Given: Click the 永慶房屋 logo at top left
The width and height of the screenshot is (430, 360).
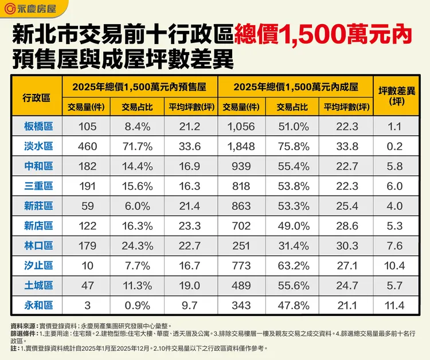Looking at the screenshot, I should pyautogui.click(x=30, y=10).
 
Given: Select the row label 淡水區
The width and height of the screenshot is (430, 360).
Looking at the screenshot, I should pyautogui.click(x=39, y=146).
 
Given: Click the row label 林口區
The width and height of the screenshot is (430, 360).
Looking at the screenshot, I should pyautogui.click(x=39, y=245).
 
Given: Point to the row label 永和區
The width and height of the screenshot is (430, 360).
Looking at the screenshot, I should pyautogui.click(x=39, y=305).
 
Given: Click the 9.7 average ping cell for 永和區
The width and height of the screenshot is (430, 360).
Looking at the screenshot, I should pyautogui.click(x=190, y=305).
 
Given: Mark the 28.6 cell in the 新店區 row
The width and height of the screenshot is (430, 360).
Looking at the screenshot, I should pyautogui.click(x=345, y=226).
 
